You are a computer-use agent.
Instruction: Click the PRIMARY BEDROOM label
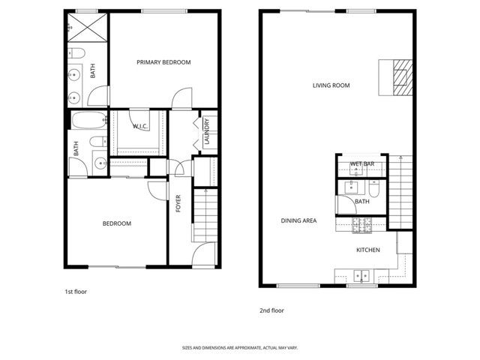163,62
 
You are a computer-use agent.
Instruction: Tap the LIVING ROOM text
331,85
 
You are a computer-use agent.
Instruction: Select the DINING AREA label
298,220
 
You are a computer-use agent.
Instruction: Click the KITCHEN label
367,250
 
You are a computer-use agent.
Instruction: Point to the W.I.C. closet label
139,127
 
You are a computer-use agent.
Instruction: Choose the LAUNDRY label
206,133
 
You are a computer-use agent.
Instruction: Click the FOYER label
178,203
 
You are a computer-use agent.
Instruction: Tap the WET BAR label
362,164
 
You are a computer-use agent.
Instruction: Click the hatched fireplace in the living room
403,76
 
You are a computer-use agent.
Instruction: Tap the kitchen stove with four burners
361,223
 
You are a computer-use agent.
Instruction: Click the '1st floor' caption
76,291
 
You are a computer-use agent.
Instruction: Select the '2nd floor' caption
271,310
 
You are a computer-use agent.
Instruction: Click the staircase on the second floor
402,191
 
